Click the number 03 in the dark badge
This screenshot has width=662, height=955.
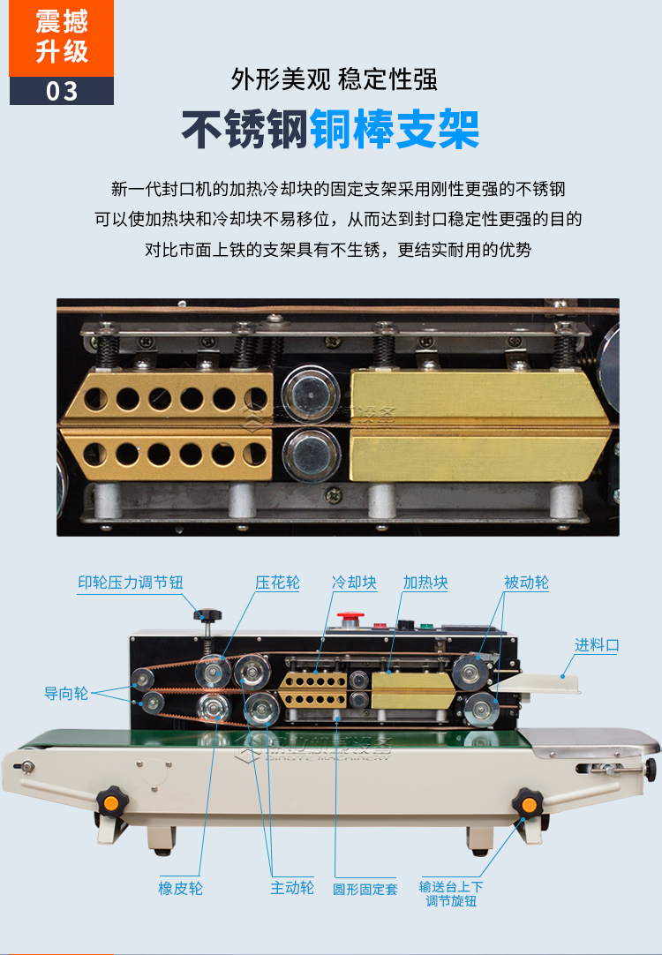pos(62,91)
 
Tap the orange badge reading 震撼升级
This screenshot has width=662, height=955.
pos(62,37)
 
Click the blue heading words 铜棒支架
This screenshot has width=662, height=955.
pos(394,130)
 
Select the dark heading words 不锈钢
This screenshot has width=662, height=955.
pos(244,130)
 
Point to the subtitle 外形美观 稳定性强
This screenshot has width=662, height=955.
pos(334,80)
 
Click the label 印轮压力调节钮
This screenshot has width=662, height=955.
pos(131,583)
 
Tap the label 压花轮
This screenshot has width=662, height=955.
pos(278,583)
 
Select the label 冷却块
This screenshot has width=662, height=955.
pos(354,583)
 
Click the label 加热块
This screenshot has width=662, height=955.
pos(425,583)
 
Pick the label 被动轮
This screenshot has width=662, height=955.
pos(526,583)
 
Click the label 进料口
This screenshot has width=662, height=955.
pos(597,645)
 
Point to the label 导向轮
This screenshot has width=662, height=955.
pos(66,693)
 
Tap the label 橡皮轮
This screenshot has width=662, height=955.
pos(180,888)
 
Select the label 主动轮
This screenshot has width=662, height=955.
pos(291,888)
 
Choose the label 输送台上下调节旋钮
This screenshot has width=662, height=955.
pos(451,893)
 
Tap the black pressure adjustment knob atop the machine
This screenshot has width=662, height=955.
pos(209,615)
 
